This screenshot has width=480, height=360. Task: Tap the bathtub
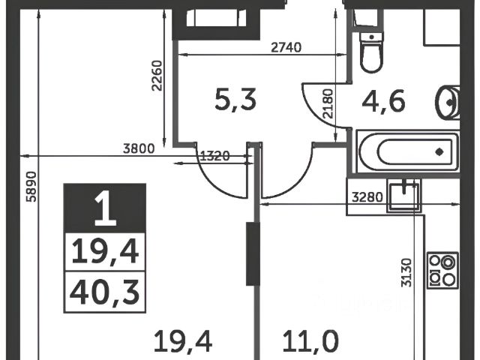406,151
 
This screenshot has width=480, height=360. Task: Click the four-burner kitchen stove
442,270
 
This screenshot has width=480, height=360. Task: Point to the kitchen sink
404,196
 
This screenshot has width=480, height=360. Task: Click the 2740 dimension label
285,47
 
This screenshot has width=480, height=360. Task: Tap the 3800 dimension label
139,148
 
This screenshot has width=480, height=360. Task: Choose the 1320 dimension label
216,156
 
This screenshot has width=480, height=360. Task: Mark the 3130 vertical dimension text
406,273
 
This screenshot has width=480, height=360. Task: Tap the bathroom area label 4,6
385,100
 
